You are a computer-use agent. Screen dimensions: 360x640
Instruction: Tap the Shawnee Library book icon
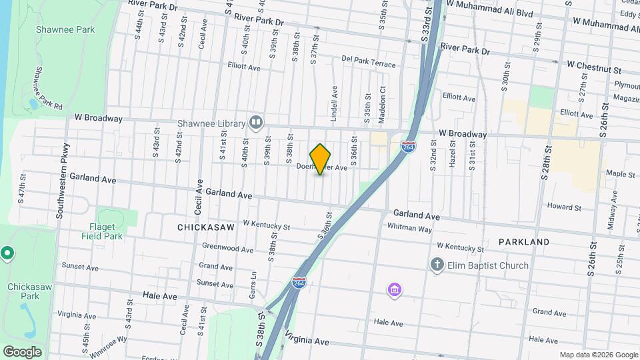click(x=255, y=122)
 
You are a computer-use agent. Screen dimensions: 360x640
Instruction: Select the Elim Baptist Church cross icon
click(x=437, y=265)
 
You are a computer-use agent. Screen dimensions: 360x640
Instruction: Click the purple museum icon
click(x=395, y=290)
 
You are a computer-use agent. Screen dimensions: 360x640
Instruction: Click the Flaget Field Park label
click(x=102, y=231)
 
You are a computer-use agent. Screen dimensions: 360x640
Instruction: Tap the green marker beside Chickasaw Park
click(x=7, y=253)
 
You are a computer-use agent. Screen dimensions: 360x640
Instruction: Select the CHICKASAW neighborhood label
click(x=206, y=227)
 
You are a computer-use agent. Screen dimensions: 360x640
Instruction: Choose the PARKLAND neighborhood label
click(x=524, y=241)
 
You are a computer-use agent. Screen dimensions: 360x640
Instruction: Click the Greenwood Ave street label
click(x=228, y=249)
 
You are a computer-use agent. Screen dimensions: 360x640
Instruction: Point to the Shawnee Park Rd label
click(x=47, y=87)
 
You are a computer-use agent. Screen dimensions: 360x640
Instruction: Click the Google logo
click(x=22, y=351)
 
